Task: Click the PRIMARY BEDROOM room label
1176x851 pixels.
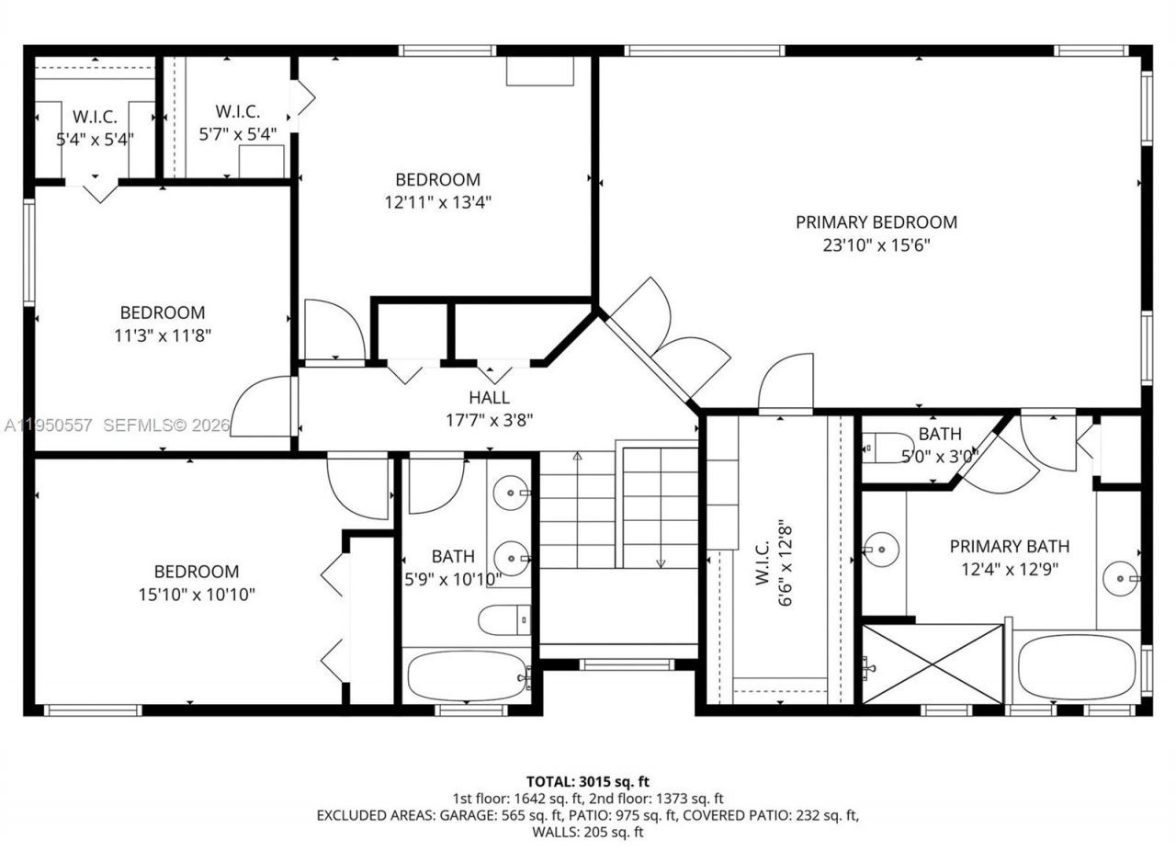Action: coord(876,221)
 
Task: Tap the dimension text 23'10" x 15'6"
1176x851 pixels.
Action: coord(876,245)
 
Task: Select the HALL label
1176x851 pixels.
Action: coord(489,398)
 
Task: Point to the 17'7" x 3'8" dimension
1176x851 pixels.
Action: coord(489,420)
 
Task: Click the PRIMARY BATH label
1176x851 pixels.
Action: coord(1009,546)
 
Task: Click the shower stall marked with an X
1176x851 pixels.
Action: coord(932,664)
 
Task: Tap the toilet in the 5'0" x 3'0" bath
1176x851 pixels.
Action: coord(886,448)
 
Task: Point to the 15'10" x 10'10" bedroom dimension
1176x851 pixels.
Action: coord(197,595)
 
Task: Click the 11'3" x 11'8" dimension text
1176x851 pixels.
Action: coord(163,335)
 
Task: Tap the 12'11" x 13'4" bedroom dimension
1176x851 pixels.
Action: coord(437,202)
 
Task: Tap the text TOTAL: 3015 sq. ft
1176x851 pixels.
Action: coord(588,782)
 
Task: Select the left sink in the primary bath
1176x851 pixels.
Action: coord(880,550)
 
